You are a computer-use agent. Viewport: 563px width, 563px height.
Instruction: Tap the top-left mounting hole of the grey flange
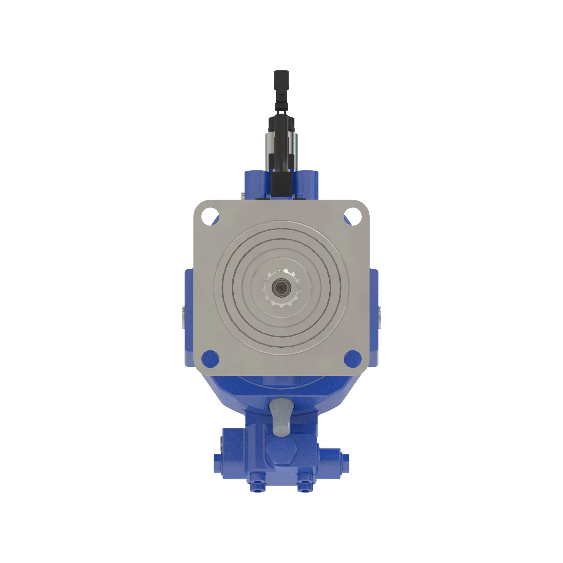[210, 216]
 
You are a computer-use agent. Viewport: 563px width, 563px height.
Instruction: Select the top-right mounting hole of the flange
[353, 216]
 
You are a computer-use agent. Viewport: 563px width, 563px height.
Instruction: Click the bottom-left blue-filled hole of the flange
[210, 359]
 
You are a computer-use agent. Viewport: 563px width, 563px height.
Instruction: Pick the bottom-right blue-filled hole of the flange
[353, 359]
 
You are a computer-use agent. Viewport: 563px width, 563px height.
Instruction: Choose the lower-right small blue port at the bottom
[306, 486]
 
